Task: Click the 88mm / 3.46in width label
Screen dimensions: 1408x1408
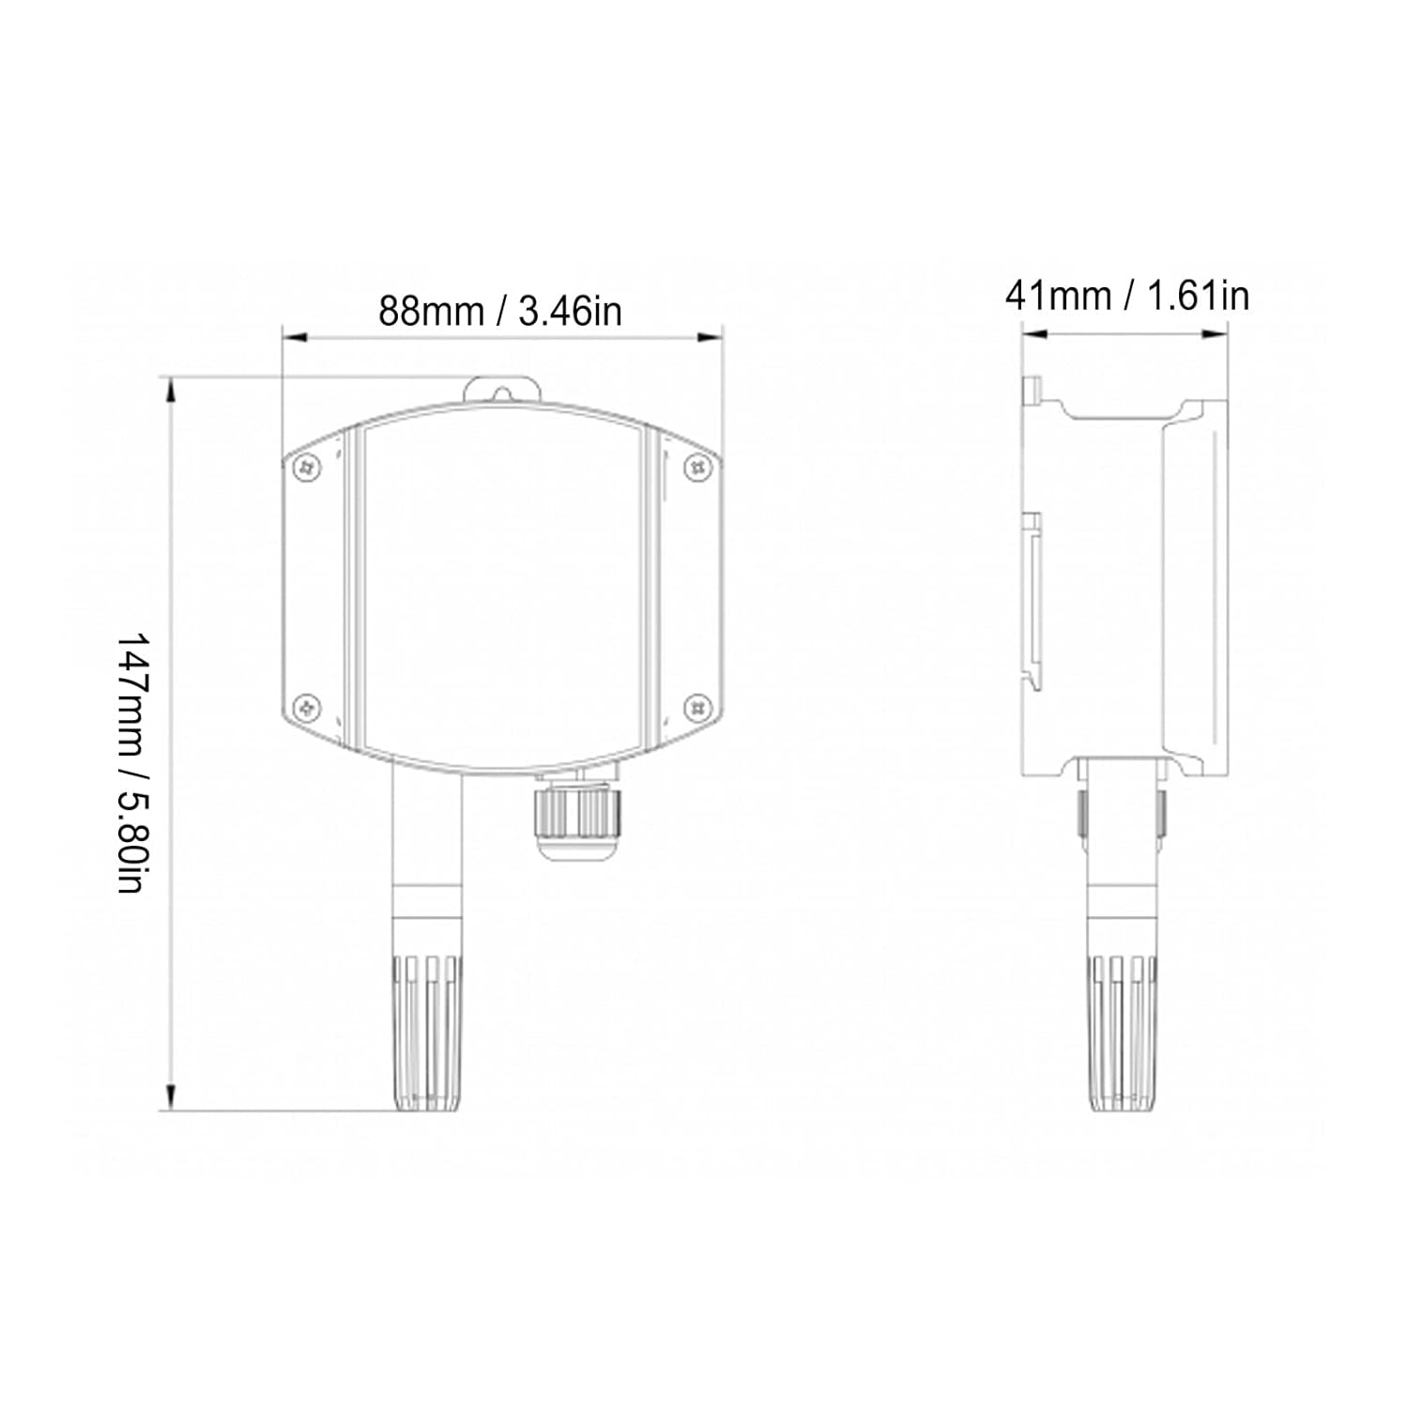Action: coord(499,311)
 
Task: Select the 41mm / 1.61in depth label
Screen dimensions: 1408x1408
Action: coord(1126,296)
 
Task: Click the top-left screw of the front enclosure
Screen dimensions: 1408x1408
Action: coord(306,467)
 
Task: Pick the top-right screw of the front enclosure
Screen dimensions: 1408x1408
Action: coord(696,466)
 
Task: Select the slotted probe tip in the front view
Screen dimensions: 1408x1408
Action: coord(427,1033)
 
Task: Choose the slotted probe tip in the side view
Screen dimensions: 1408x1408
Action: coord(1123,1033)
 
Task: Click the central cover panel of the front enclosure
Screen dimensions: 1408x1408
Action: coord(502,591)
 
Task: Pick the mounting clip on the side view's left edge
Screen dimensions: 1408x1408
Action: coord(1032,601)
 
